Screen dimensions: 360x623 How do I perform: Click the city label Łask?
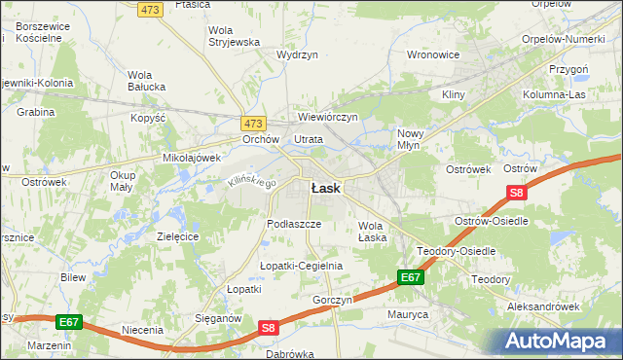point(325,189)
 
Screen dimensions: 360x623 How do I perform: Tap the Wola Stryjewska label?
point(235,36)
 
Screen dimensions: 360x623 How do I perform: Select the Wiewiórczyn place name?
point(328,117)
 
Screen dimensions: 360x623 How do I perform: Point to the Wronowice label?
point(432,54)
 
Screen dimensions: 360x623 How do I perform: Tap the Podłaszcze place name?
point(294,223)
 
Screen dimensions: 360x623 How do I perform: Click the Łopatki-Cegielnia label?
point(301,266)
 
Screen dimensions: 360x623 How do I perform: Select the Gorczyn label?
point(332,300)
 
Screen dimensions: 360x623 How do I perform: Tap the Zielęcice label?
point(178,236)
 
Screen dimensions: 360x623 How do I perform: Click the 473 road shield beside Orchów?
point(253,124)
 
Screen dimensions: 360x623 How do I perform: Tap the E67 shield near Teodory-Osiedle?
point(411,278)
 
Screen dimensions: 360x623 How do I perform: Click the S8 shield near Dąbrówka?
point(271,330)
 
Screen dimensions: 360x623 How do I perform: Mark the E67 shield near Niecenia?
point(68,322)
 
